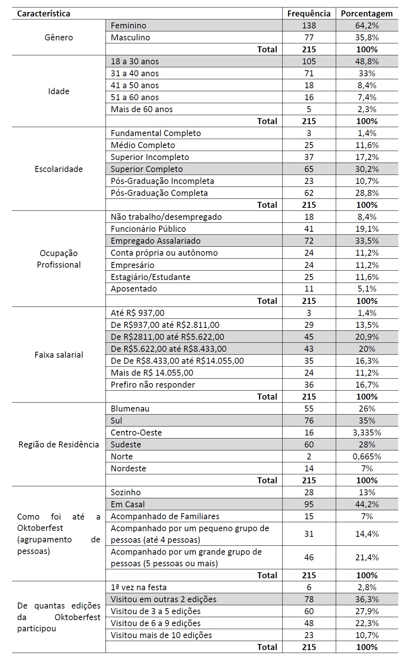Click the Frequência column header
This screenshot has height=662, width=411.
[309, 14]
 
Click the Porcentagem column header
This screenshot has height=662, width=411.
[367, 14]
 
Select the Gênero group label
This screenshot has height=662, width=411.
[59, 37]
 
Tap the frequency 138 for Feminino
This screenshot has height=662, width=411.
[309, 25]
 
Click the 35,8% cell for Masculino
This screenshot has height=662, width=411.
[367, 37]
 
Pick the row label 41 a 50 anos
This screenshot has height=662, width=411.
[135, 85]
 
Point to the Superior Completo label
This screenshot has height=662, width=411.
[147, 169]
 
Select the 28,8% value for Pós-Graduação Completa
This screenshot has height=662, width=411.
[367, 193]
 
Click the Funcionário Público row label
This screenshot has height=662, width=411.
[148, 229]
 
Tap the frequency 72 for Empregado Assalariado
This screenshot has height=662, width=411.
[309, 241]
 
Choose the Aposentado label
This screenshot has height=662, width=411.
[134, 289]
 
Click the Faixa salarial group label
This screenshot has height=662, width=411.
[59, 355]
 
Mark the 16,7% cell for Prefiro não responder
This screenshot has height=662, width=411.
[367, 385]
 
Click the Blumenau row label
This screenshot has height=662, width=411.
[130, 409]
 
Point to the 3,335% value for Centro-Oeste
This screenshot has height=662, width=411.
[367, 432]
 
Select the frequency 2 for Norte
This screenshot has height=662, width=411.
[309, 456]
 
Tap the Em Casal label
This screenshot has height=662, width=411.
[128, 504]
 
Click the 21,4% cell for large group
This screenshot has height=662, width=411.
[367, 557]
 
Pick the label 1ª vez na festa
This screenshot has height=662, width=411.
[138, 587]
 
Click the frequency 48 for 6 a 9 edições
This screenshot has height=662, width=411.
[309, 623]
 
